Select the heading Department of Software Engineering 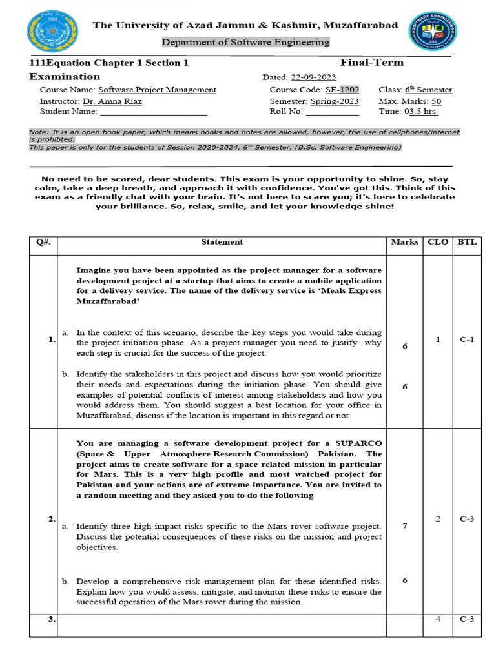[245, 42]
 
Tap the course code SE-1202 [342, 90]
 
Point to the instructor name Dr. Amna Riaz [112, 101]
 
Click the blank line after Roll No [332, 112]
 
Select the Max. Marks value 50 [436, 101]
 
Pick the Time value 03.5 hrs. [421, 112]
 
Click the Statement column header [222, 242]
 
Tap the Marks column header [404, 242]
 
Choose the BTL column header [467, 242]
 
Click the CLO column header [437, 242]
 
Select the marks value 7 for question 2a [404, 525]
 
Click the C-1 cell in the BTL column [467, 340]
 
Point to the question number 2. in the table [52, 518]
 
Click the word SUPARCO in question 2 [358, 443]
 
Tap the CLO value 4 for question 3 [437, 619]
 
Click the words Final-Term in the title [371, 63]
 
